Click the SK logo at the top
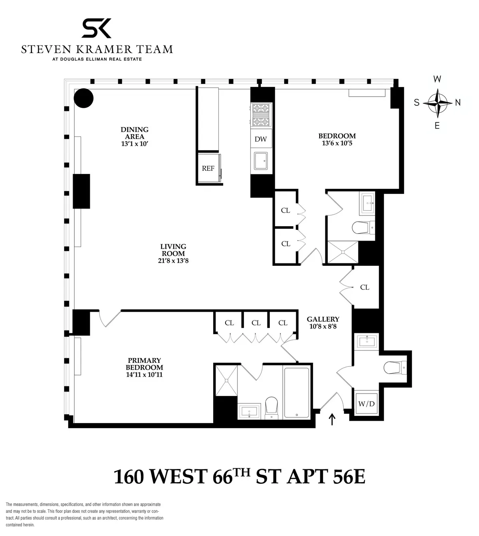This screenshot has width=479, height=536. (96, 28)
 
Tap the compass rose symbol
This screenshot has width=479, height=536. (437, 103)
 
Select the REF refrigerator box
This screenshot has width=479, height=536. (208, 168)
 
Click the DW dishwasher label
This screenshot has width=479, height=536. (261, 139)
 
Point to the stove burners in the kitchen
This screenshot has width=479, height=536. (261, 115)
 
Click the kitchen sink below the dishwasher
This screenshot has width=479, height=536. (261, 160)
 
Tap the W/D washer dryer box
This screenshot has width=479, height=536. (366, 403)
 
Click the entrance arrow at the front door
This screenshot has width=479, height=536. (332, 419)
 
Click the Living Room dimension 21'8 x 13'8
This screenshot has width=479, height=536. (174, 261)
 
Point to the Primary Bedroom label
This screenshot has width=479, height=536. (144, 364)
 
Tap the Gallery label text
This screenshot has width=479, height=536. (323, 319)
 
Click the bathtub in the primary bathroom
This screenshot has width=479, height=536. (296, 393)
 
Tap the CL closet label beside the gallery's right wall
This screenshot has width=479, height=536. (364, 287)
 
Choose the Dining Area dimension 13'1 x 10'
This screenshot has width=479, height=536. (135, 144)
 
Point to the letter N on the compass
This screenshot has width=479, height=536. (457, 103)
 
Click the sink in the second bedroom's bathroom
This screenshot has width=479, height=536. (367, 202)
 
